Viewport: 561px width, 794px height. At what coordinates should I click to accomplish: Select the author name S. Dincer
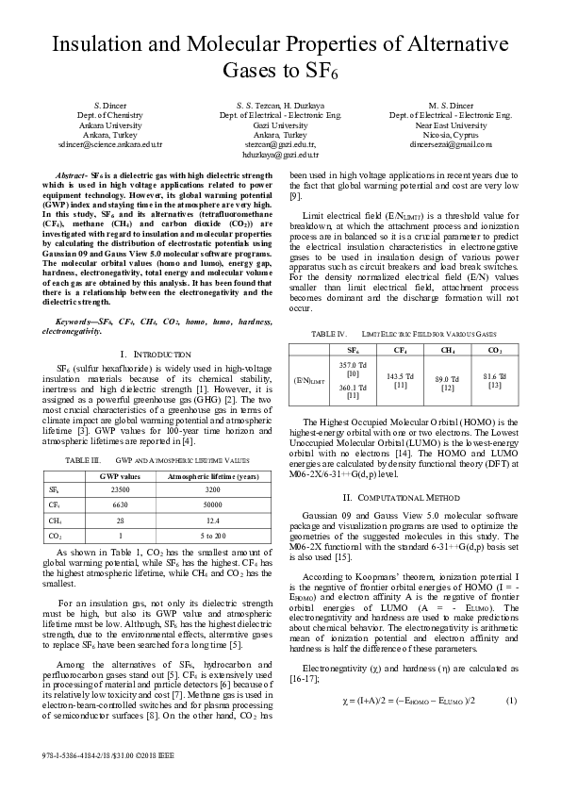click(x=109, y=104)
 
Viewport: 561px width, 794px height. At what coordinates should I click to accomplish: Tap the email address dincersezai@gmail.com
click(x=451, y=144)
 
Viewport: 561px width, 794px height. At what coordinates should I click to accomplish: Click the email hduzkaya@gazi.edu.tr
click(x=280, y=154)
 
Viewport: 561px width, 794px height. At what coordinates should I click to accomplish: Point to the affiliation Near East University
click(x=451, y=124)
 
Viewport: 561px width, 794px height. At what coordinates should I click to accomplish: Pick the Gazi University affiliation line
click(x=280, y=124)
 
